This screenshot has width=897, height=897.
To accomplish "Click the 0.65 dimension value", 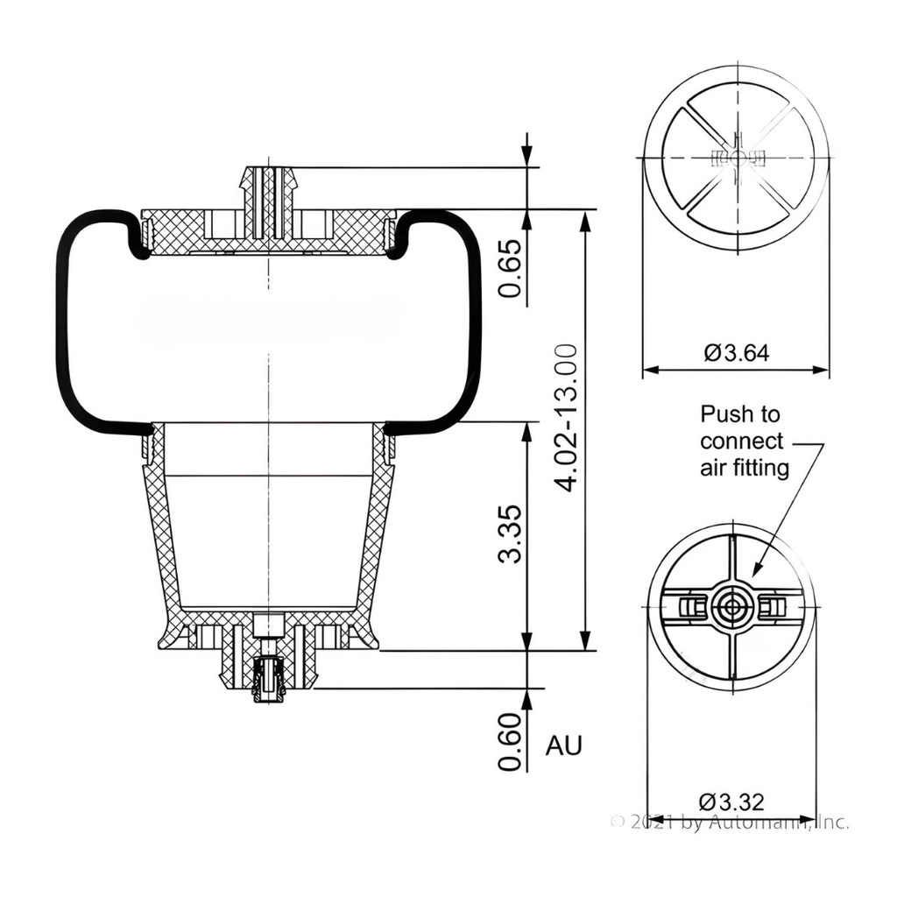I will click(510, 268).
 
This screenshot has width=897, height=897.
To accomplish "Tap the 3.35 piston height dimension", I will click(510, 533).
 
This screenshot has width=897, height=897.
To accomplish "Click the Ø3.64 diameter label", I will click(737, 353).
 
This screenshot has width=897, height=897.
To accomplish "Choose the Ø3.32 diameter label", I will click(731, 801).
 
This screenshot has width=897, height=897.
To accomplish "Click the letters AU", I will click(563, 745).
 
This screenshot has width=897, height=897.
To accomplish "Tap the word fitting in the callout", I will click(761, 468).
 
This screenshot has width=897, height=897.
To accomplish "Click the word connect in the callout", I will click(742, 441).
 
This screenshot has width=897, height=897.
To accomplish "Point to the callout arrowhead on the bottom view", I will click(756, 573).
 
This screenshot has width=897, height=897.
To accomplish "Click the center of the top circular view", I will click(737, 158).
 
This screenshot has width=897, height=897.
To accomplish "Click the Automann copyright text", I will click(730, 823).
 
